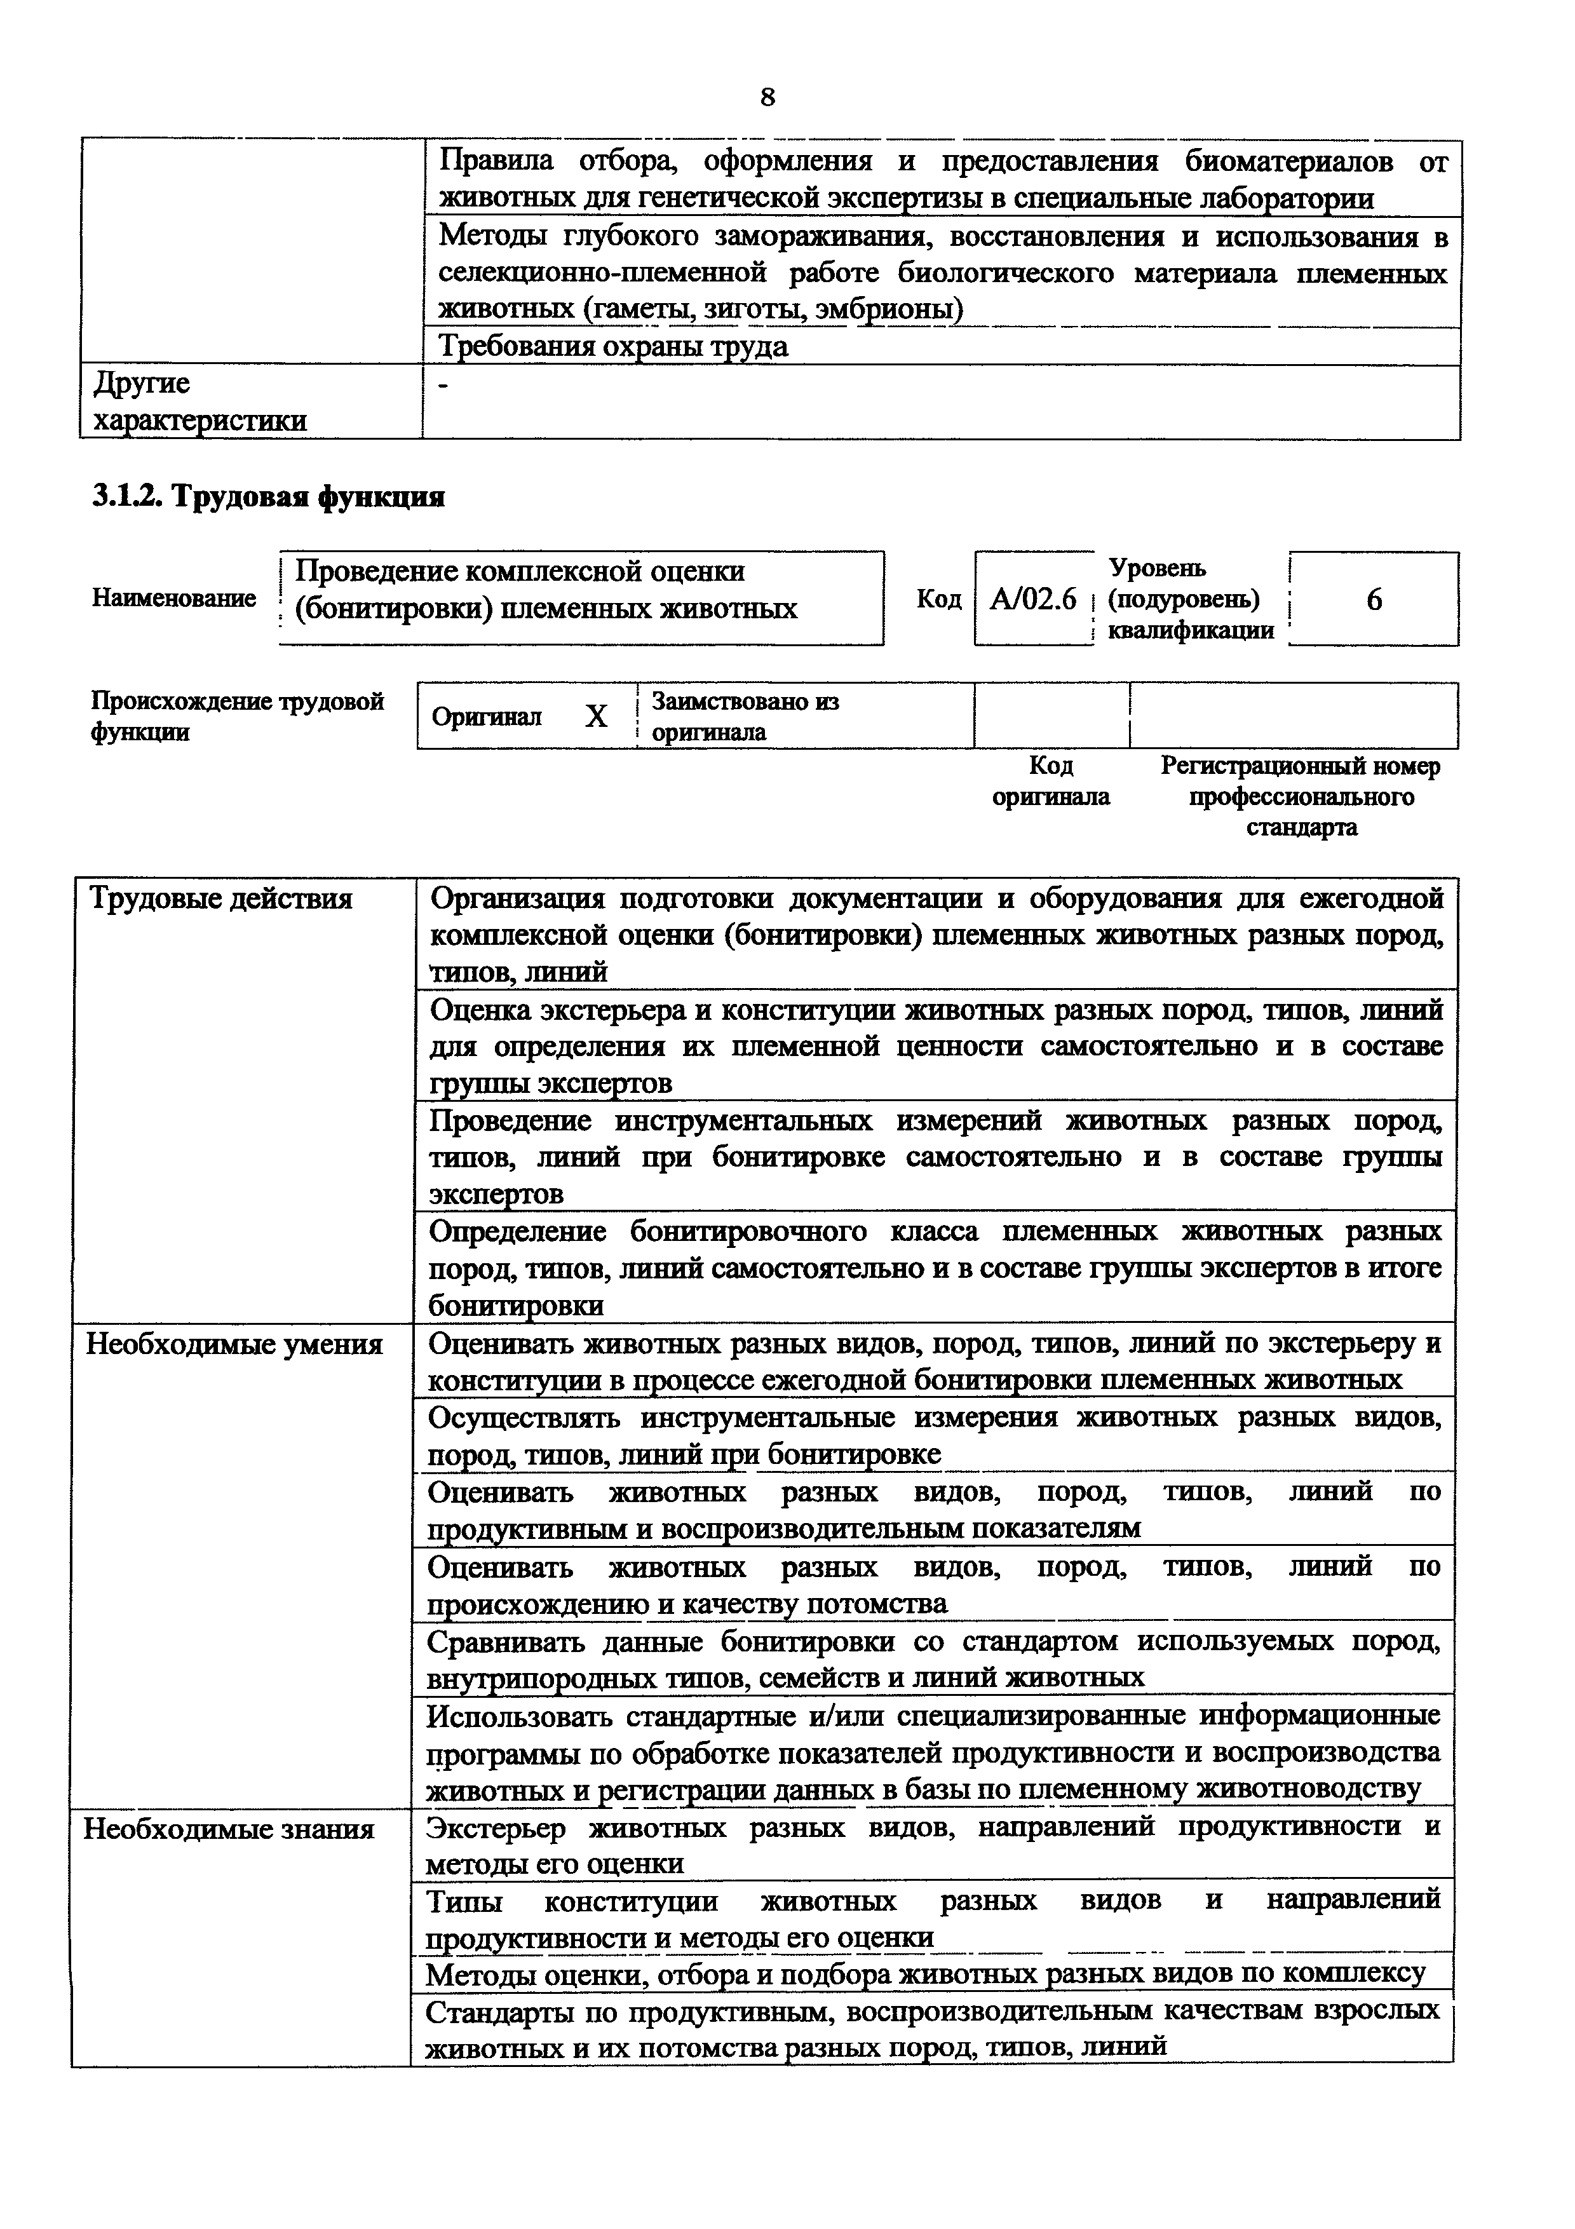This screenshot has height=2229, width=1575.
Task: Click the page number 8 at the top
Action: [x=767, y=97]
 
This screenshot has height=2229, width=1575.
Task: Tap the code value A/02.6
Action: [x=1032, y=599]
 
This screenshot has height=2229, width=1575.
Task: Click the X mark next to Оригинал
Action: [x=596, y=717]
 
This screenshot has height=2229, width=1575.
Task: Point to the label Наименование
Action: [x=173, y=598]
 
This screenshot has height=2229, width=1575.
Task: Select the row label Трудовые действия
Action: [x=220, y=899]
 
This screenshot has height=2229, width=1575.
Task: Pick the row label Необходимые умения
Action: [x=234, y=1345]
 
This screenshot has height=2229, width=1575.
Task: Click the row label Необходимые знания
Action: [x=229, y=1829]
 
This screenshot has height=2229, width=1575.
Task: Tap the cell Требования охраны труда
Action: [x=613, y=346]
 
